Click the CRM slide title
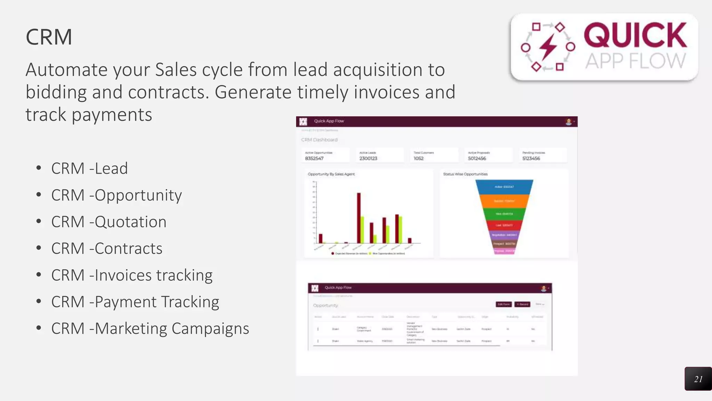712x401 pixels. pyautogui.click(x=49, y=37)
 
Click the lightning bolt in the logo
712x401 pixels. pyautogui.click(x=548, y=47)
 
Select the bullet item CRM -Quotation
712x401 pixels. pyautogui.click(x=108, y=222)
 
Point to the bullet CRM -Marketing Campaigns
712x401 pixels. pyautogui.click(x=150, y=328)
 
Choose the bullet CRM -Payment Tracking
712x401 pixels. pyautogui.click(x=135, y=302)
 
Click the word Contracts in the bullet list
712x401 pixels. pyautogui.click(x=128, y=249)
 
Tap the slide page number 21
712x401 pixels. pyautogui.click(x=698, y=379)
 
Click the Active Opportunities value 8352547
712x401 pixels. pyautogui.click(x=314, y=158)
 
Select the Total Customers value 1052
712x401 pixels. pyautogui.click(x=419, y=158)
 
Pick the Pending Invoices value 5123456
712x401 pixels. pyautogui.click(x=531, y=158)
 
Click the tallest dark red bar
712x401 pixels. pyautogui.click(x=359, y=218)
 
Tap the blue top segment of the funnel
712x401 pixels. pyautogui.click(x=504, y=187)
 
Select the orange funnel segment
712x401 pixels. pyautogui.click(x=504, y=201)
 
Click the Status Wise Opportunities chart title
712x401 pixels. pyautogui.click(x=465, y=174)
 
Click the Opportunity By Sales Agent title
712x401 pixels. pyautogui.click(x=331, y=174)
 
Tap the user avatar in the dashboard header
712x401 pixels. pyautogui.click(x=569, y=121)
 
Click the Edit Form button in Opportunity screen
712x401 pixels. pyautogui.click(x=503, y=304)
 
